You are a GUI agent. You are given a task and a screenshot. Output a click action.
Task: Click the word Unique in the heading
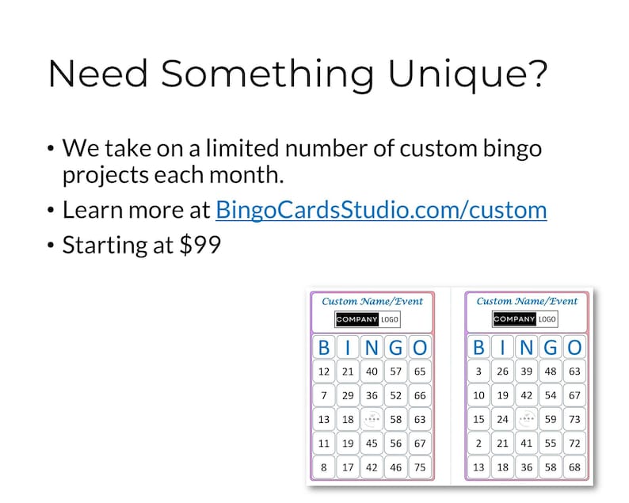(466, 74)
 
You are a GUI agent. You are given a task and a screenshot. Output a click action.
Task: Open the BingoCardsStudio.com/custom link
(381, 210)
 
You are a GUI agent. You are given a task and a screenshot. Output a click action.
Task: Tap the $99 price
(200, 245)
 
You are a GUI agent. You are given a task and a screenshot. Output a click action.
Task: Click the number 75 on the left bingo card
(419, 467)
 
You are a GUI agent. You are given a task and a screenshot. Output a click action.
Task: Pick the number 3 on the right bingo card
(478, 372)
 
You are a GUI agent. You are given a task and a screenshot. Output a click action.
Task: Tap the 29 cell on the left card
(347, 395)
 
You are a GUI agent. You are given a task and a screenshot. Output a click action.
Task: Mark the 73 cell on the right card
(574, 419)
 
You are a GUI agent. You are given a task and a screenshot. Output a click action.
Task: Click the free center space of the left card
(371, 419)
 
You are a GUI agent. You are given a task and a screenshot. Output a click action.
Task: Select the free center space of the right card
(526, 419)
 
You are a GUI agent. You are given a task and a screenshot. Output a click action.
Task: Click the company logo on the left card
(368, 319)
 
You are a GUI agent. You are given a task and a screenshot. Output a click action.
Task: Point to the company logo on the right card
(524, 319)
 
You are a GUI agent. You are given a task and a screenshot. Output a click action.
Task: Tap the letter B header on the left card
(323, 347)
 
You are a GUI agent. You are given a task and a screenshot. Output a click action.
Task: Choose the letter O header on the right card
(574, 347)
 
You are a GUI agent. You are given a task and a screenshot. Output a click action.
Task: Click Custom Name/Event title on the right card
(527, 301)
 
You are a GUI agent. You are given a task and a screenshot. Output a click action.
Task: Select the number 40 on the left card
(371, 372)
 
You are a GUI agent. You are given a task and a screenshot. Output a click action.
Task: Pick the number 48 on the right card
(551, 372)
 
